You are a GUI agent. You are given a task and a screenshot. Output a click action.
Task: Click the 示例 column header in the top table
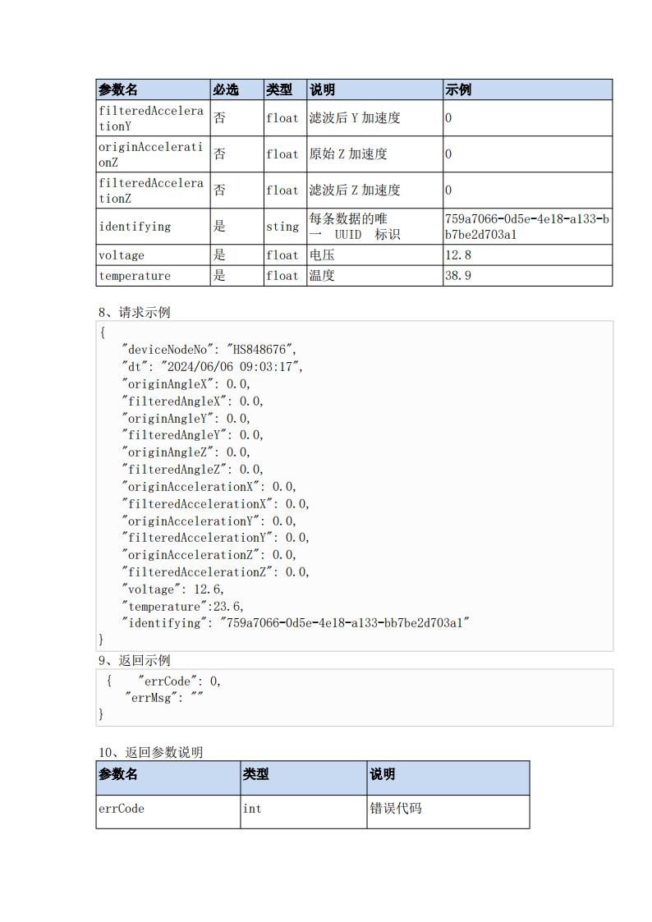point(458,89)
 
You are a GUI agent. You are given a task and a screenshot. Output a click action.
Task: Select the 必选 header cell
point(226,89)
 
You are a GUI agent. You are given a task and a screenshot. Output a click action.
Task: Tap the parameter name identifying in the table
point(135,227)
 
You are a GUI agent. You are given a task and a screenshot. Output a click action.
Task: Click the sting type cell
point(282,227)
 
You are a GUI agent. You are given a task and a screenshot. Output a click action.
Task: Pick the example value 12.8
point(458,255)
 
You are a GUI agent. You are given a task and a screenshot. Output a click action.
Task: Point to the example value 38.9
point(458,275)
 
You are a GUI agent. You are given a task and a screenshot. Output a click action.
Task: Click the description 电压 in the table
point(322,255)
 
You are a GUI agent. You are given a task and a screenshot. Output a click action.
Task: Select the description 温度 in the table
point(322,275)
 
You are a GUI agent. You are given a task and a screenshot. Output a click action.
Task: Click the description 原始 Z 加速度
point(348,154)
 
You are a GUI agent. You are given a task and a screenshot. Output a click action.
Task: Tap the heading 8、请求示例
point(135,312)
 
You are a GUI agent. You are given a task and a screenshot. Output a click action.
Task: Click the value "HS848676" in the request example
point(261,349)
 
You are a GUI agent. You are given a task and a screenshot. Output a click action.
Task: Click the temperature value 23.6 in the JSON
point(227,606)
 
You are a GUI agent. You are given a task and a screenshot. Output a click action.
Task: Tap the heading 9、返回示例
point(135,660)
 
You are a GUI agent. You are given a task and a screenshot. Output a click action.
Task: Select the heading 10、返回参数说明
point(151,752)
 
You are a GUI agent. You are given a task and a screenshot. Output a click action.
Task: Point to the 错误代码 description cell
point(396,808)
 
